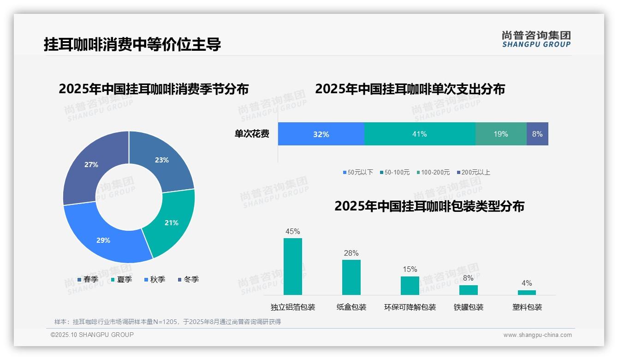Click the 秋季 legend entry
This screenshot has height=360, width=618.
[154, 279]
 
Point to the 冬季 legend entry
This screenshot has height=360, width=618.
[188, 279]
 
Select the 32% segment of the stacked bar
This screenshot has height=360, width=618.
[321, 134]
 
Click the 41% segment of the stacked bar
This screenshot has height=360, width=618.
[420, 134]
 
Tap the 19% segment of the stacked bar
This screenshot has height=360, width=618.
[501, 134]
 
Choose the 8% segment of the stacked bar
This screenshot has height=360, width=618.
[537, 134]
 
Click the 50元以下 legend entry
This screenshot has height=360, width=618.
[358, 172]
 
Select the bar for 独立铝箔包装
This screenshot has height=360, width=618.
[293, 266]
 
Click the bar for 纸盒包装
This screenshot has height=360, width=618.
[351, 277]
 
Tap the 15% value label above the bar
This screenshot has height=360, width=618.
[410, 269]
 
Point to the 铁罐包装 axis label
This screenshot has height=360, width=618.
[469, 307]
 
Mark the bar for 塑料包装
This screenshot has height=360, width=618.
[527, 292]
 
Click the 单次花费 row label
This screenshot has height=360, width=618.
[252, 134]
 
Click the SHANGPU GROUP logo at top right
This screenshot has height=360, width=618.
[536, 39]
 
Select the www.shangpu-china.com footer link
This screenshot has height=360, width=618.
[537, 335]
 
